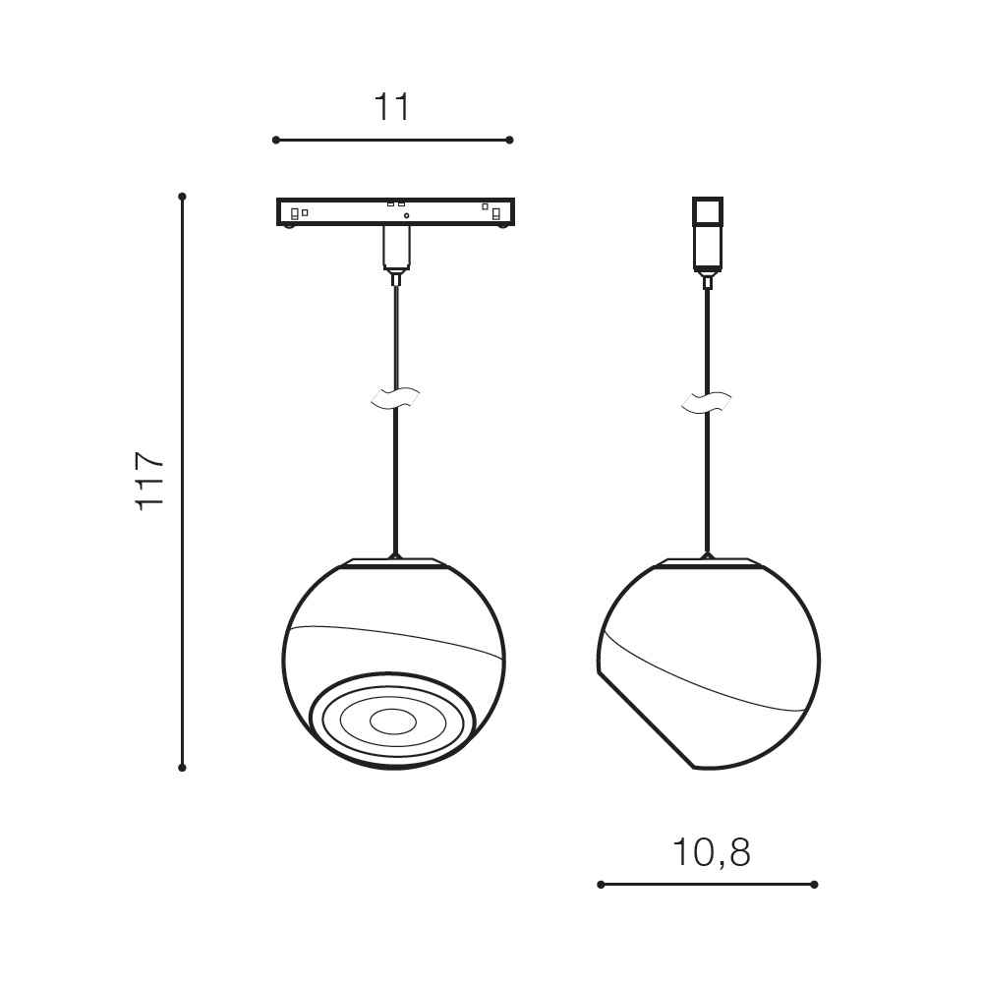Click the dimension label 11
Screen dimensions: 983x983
click(392, 107)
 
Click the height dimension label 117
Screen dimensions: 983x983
click(150, 481)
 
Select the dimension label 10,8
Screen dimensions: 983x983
click(711, 852)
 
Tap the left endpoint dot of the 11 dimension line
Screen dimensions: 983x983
click(276, 140)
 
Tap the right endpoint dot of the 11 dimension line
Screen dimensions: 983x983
click(509, 140)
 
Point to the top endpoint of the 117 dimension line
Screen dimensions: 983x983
click(183, 197)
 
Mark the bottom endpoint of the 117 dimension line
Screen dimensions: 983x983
click(183, 768)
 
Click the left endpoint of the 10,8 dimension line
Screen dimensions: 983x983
click(601, 885)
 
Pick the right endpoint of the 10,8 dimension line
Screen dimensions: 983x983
click(814, 885)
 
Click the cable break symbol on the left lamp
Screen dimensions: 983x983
click(395, 398)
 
